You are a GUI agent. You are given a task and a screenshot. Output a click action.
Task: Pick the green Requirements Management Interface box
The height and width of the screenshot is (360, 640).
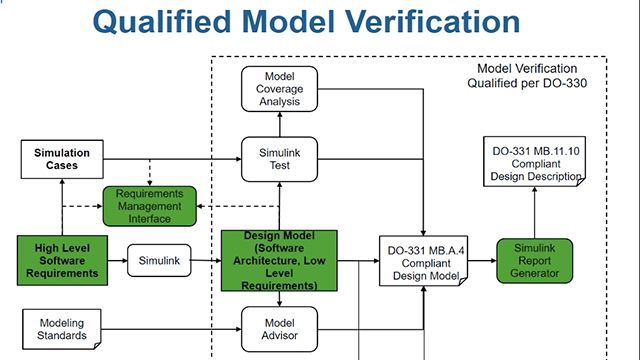click(x=149, y=205)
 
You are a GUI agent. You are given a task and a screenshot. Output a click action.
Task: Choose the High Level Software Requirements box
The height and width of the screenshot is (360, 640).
click(x=62, y=259)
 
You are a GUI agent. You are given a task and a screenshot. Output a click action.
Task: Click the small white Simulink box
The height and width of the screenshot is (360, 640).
click(x=158, y=260)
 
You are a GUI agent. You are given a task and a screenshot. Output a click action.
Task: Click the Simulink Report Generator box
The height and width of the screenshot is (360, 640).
click(x=534, y=261)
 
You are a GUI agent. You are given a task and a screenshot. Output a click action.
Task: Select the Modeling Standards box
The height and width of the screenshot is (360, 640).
click(x=62, y=329)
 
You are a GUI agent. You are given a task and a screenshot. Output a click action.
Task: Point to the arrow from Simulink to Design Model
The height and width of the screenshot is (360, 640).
click(x=205, y=260)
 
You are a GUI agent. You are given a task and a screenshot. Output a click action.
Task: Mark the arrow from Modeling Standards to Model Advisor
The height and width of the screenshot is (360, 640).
click(x=173, y=329)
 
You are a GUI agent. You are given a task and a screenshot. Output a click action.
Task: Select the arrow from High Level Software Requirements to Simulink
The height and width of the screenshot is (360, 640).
click(x=115, y=260)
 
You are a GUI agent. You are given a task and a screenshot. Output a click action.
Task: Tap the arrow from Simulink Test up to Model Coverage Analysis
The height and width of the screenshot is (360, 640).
click(x=279, y=124)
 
